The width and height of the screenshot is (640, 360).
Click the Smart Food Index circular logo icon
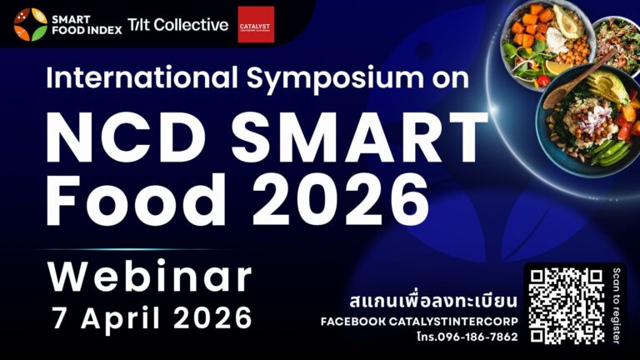30,24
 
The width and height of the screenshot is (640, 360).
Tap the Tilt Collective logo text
177,25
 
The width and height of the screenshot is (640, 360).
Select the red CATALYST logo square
255,24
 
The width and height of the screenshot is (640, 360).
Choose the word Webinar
150,277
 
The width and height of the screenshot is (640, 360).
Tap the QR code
566,306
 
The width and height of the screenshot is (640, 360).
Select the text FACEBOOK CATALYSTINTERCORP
420,322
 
